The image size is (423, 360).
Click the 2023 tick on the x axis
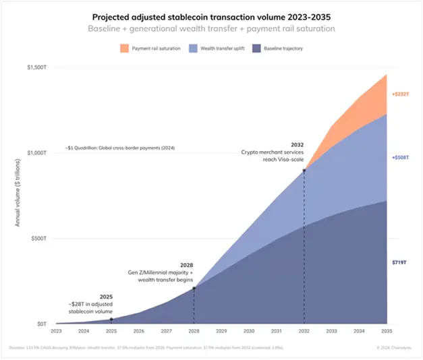pos(56,332)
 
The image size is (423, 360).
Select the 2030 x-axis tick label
pos(249,332)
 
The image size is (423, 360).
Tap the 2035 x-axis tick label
pos(387,332)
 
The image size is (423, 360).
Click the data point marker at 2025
pos(111,320)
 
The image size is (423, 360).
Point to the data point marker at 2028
pos(194,289)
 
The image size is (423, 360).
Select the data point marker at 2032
pos(304,171)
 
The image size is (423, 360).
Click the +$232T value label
pos(401,94)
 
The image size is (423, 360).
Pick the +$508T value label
pos(401,157)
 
